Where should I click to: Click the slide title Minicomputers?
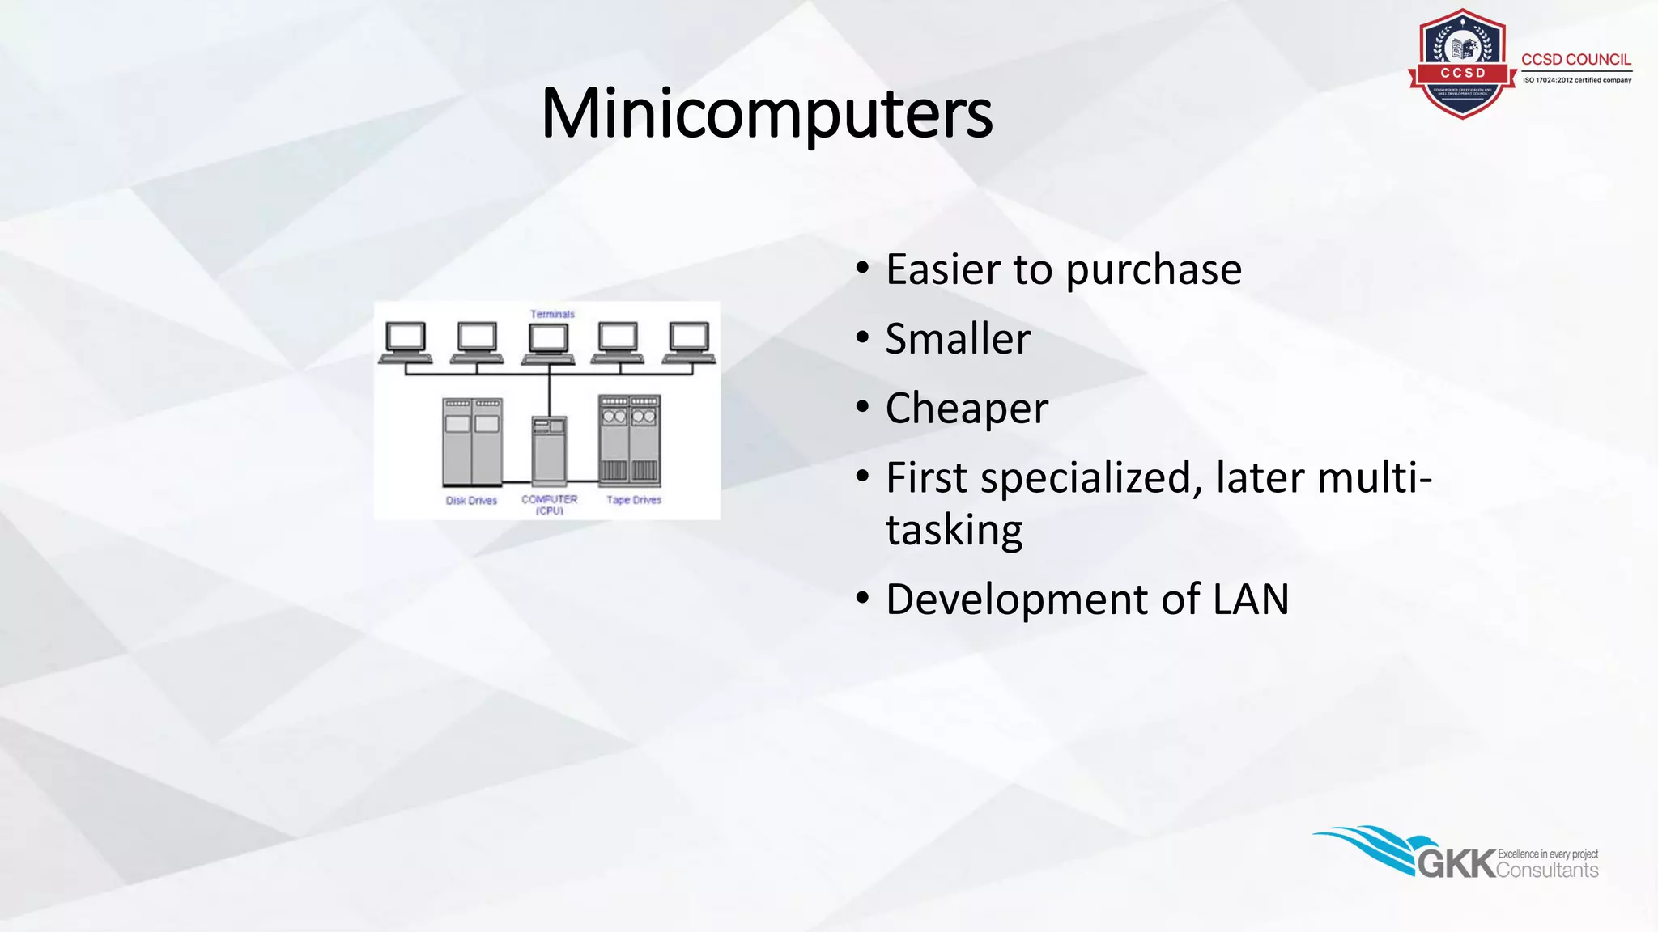766,113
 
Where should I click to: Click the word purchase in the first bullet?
1153,269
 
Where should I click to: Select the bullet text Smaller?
958,339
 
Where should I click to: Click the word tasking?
954,531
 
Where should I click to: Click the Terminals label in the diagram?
552,314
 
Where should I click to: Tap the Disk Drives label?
471,501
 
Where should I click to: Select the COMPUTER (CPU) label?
550,504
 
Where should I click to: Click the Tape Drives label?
634,500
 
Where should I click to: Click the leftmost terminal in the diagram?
406,341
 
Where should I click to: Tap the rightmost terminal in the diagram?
690,341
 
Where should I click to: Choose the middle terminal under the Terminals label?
548,341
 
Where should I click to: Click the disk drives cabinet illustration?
472,441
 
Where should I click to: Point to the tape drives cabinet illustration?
629,439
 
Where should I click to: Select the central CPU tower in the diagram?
549,450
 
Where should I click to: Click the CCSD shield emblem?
1462,63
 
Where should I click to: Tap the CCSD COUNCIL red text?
1575,60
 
